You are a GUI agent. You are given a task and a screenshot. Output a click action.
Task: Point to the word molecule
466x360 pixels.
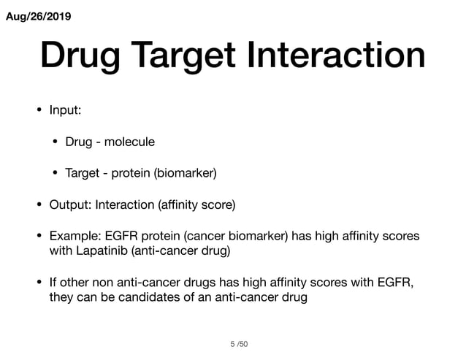click(129, 142)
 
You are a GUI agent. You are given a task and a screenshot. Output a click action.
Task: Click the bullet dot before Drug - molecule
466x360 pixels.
click(56, 142)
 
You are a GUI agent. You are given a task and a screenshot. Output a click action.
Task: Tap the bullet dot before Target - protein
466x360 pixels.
click(56, 174)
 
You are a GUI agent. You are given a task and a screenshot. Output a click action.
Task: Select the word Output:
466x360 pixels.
click(68, 205)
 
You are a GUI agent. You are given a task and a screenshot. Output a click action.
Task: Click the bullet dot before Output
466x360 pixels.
click(39, 205)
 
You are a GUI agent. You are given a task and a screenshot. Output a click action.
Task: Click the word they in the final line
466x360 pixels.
click(62, 297)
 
